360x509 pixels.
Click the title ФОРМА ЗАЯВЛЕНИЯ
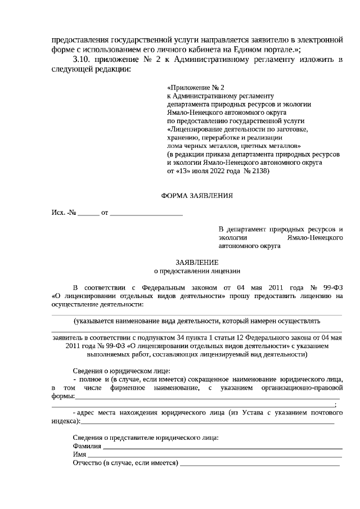pos(196,196)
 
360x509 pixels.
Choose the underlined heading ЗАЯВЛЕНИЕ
pos(196,262)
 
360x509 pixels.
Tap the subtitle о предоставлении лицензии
pos(196,271)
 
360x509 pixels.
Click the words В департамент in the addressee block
pos(241,229)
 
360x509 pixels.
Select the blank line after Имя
pos(214,455)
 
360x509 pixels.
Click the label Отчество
pos(87,463)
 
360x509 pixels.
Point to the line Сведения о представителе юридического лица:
pos(146,438)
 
